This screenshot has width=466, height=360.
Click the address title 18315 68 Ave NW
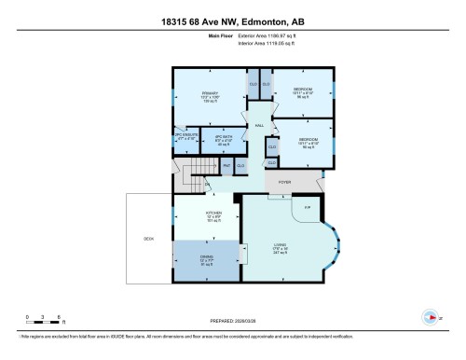click(x=232, y=16)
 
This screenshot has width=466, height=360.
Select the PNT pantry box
click(x=226, y=165)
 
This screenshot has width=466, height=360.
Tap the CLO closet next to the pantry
click(x=240, y=165)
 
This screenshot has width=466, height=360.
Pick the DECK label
click(x=148, y=240)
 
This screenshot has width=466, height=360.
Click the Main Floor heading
click(x=193, y=36)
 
